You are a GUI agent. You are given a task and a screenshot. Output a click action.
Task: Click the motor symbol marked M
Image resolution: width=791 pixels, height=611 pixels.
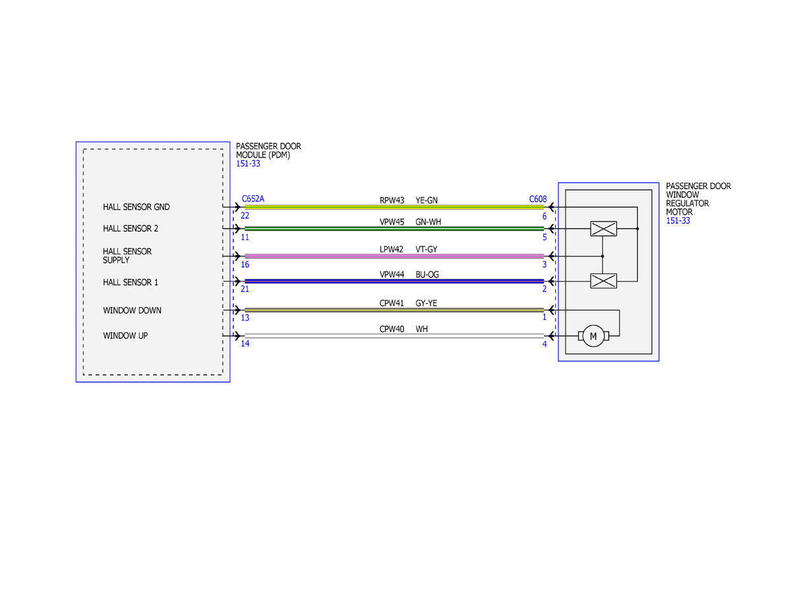[x=593, y=336]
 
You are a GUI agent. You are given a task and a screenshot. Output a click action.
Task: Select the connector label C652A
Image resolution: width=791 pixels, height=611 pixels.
[x=253, y=198]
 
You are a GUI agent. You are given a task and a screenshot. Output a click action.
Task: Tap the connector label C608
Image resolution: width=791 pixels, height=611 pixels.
[x=538, y=199]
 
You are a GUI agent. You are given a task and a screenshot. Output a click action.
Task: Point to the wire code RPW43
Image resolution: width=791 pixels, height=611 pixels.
[x=392, y=200]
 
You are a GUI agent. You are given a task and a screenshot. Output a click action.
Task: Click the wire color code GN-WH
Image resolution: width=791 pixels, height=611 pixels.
[x=428, y=221]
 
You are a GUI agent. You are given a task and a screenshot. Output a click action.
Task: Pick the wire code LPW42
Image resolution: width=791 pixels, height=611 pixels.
[x=392, y=249]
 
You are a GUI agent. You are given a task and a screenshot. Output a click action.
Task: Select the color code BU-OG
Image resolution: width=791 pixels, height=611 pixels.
[x=427, y=274]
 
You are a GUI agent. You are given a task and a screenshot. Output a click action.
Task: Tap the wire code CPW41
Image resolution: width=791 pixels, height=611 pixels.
[x=392, y=303]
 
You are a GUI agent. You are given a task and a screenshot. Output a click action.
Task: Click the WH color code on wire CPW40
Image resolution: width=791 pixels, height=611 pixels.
[x=421, y=329]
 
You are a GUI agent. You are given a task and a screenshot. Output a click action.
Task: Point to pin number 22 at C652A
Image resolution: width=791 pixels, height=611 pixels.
[x=245, y=216]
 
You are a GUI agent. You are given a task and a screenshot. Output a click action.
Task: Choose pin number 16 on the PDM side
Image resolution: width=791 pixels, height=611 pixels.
[x=245, y=264]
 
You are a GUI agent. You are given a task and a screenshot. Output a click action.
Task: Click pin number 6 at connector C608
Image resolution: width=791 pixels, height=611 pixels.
[x=544, y=216]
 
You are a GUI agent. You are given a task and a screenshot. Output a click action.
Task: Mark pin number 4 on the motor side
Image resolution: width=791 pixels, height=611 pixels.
[x=544, y=344]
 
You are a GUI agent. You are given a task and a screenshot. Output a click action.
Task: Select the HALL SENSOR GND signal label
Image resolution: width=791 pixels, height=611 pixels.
[x=136, y=207]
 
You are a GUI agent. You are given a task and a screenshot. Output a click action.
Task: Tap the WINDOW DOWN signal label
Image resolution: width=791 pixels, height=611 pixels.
[x=132, y=310]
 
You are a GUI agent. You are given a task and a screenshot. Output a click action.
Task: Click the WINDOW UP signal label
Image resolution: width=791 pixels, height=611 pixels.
[x=125, y=335]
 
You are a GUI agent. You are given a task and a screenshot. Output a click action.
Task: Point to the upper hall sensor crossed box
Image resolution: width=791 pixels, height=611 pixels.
[x=603, y=229]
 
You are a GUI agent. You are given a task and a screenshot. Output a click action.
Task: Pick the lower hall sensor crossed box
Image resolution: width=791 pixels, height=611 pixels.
[x=603, y=281]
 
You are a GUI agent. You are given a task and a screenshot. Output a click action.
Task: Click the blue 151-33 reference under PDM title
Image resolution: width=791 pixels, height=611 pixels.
[x=248, y=163]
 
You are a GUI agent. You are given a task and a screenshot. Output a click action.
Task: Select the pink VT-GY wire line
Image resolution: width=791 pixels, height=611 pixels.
[x=394, y=256]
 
